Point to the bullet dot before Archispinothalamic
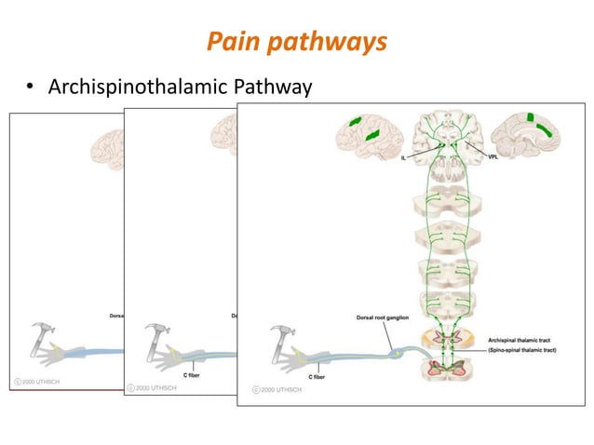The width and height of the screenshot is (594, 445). pos(30,88)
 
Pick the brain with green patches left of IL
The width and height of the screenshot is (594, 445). pos(369,135)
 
